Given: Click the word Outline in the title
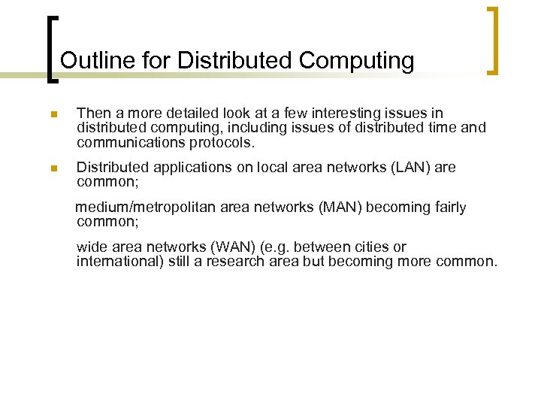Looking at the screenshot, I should point(88,60).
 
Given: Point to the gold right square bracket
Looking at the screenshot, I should point(493,41).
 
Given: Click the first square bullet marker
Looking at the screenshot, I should point(53,115).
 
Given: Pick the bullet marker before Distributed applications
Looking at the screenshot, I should point(53,169).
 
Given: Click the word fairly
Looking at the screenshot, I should point(447,208).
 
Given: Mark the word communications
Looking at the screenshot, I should point(129,142).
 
